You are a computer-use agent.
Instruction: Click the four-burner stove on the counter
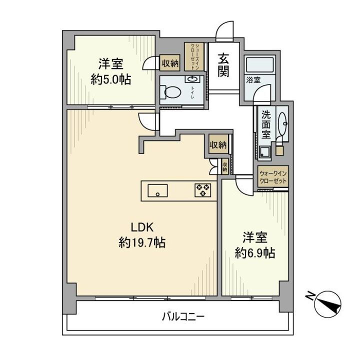point(203,190)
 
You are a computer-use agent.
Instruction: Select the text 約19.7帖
point(142,243)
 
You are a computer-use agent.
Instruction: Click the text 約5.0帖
point(110,78)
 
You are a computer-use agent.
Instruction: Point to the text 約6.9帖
point(254,252)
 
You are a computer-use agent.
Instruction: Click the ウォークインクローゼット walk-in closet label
point(272,177)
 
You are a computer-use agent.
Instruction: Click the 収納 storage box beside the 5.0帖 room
point(170,63)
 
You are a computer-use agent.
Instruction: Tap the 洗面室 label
point(266,125)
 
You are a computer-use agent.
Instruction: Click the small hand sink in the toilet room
point(192,79)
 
